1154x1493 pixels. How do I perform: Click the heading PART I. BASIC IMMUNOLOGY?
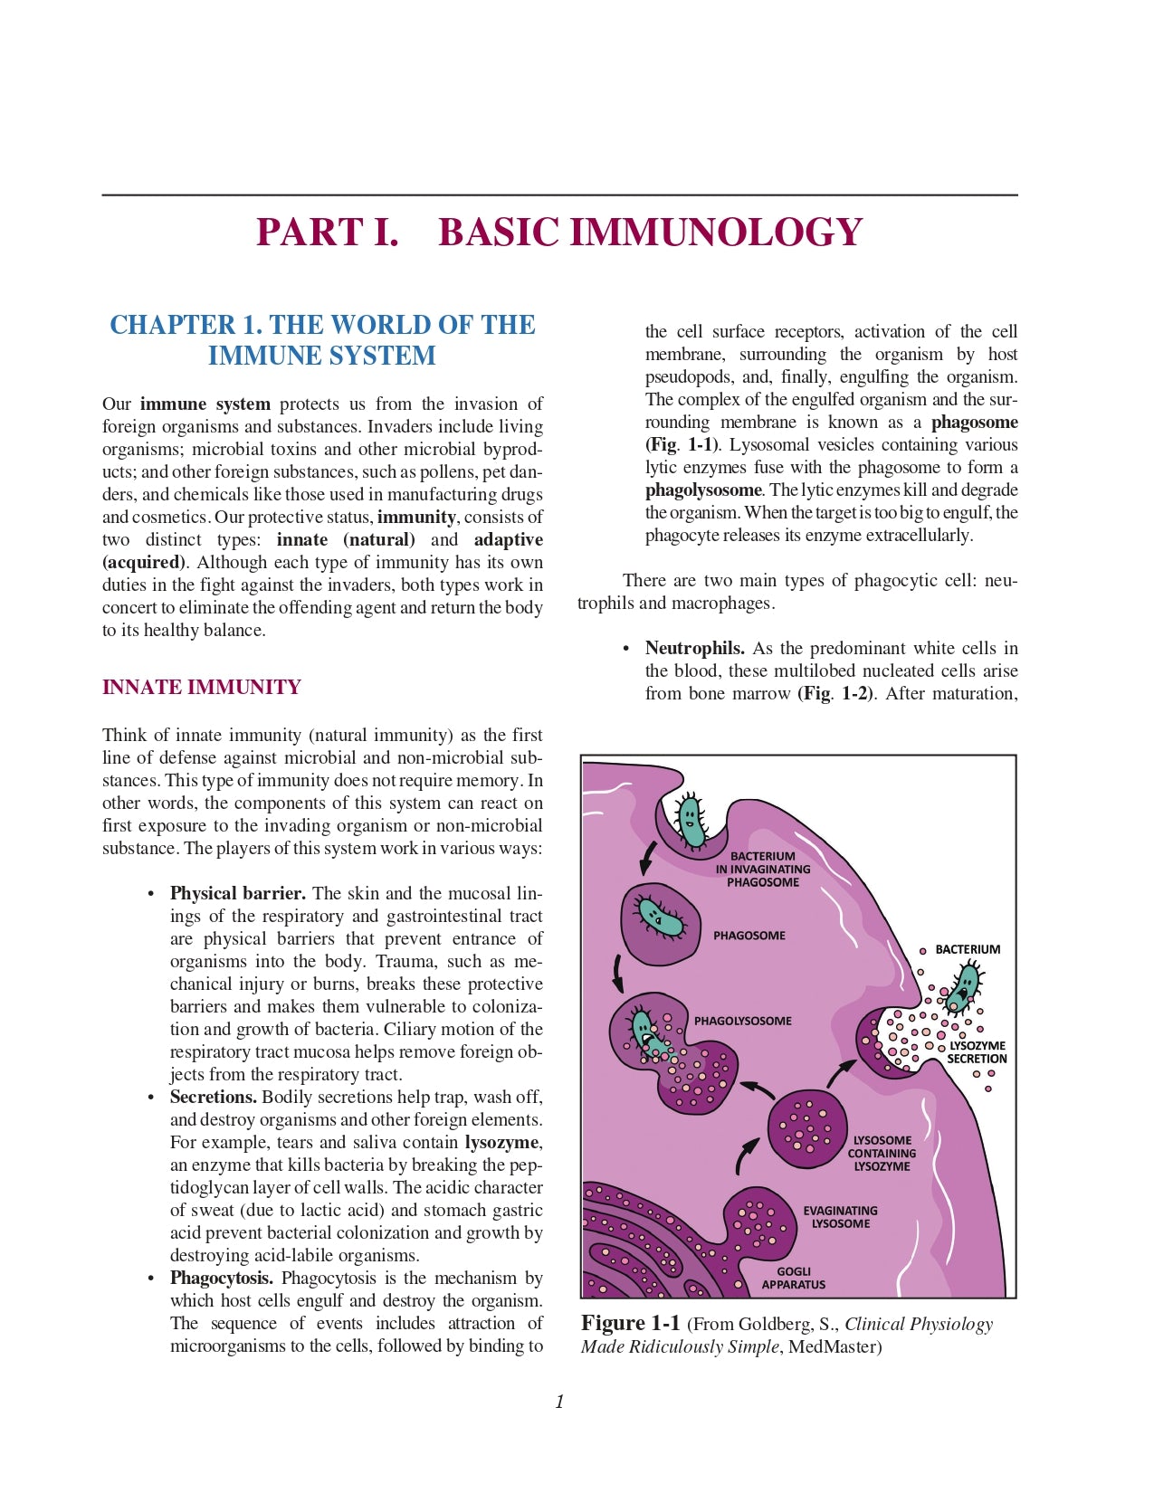(x=558, y=233)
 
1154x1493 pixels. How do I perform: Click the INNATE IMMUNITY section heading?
(x=201, y=687)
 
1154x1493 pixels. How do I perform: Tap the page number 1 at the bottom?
(x=559, y=1402)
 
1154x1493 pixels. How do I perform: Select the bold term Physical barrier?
(x=237, y=893)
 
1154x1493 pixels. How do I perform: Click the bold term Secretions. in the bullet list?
(x=214, y=1097)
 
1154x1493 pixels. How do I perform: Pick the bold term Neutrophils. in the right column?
(x=694, y=648)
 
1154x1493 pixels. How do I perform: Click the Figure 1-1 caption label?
(x=630, y=1323)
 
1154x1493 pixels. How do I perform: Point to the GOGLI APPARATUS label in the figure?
(x=794, y=1278)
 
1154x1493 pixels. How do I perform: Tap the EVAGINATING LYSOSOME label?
(x=840, y=1217)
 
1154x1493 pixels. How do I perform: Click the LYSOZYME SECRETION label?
(x=977, y=1052)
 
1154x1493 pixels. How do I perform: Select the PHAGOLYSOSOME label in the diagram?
(x=742, y=1021)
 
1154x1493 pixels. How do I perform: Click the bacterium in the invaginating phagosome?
(x=691, y=822)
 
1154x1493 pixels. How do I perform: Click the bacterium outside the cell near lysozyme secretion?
(x=965, y=986)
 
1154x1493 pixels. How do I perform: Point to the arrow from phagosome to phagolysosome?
(x=618, y=973)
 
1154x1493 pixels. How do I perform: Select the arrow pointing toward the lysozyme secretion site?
(x=841, y=1071)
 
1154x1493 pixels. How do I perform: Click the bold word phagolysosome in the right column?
(x=703, y=490)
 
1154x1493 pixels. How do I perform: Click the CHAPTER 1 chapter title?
(x=322, y=339)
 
